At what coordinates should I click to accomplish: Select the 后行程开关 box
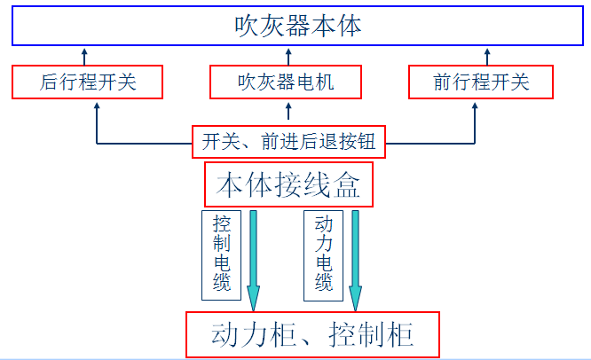tap(88, 82)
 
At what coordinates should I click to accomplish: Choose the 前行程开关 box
tap(481, 82)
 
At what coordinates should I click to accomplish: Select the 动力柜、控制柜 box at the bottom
tap(312, 334)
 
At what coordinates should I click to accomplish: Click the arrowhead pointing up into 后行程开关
tap(97, 106)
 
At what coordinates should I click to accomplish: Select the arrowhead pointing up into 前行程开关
tap(476, 106)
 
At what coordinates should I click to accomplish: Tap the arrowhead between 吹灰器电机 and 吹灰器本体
tap(288, 52)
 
